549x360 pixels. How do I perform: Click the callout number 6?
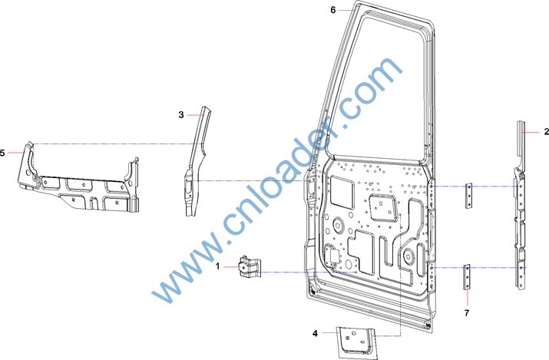[332, 10]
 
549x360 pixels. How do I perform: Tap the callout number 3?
[181, 114]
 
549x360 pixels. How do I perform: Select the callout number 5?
[2, 153]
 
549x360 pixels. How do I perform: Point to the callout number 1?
[217, 266]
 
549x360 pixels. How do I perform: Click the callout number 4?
[315, 333]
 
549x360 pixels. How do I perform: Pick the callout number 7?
[467, 312]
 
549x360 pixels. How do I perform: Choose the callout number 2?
[546, 132]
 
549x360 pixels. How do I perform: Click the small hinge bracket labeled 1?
[250, 266]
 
